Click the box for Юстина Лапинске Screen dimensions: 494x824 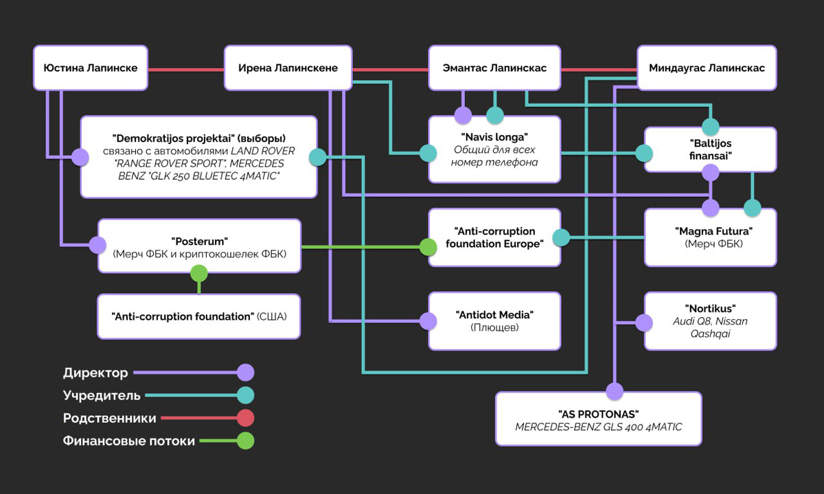[x=91, y=68]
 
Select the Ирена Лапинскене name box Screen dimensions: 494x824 [x=288, y=68]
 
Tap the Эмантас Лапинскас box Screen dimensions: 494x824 [x=494, y=68]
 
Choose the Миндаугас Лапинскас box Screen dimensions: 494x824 [x=707, y=68]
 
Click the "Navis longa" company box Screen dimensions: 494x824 [x=494, y=149]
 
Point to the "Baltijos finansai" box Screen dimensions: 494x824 [x=710, y=149]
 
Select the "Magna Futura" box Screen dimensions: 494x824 [x=710, y=237]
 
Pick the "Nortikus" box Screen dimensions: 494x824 [x=710, y=321]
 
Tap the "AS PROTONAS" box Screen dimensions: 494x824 [x=598, y=419]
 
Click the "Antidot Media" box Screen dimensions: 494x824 [x=494, y=320]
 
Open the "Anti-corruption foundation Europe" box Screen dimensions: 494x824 [x=494, y=237]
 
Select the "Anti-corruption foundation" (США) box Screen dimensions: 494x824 [x=198, y=316]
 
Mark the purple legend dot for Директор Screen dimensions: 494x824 [x=245, y=373]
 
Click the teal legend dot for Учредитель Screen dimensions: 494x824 [x=245, y=395]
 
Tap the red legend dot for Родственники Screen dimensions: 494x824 [x=245, y=417]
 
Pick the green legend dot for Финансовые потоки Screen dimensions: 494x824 [x=245, y=440]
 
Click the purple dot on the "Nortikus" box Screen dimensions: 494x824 [x=643, y=322]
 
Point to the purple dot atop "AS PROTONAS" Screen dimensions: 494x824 [x=615, y=392]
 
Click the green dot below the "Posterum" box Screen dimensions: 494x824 [x=199, y=273]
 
